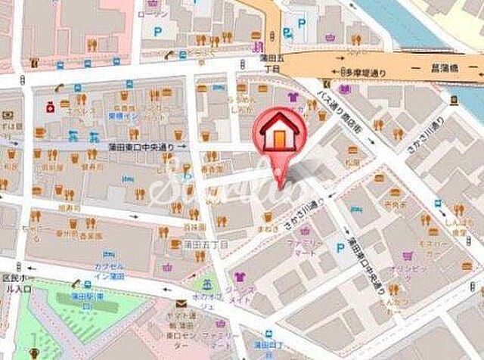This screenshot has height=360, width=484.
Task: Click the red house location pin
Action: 277,136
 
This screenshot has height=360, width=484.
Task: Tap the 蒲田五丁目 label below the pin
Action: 204,244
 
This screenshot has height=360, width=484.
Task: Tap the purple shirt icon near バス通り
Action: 293,96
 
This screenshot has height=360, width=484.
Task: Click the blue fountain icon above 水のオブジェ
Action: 205,285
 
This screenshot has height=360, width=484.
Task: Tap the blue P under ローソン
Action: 158,33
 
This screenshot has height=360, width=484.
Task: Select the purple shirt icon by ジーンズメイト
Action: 241,277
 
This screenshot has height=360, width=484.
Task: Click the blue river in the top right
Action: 408,19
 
